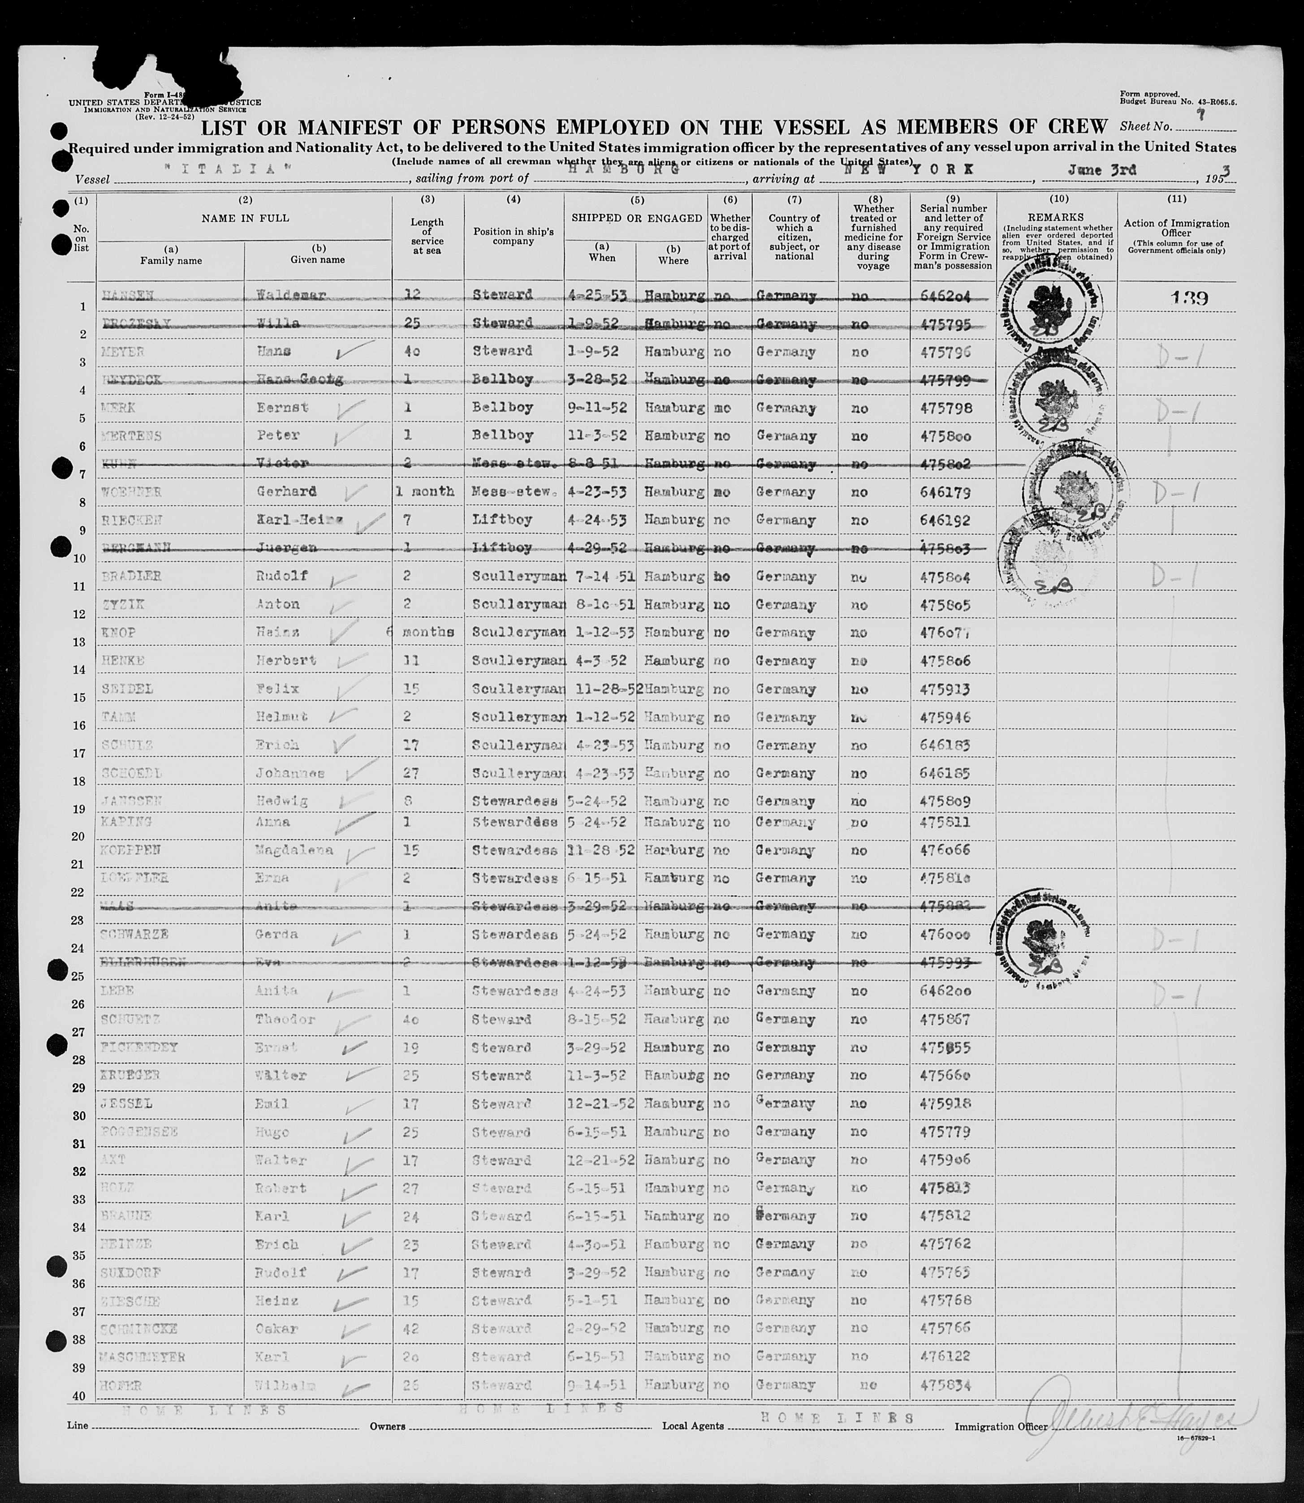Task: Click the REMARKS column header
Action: tap(1057, 217)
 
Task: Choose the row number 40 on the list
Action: tap(81, 1395)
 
